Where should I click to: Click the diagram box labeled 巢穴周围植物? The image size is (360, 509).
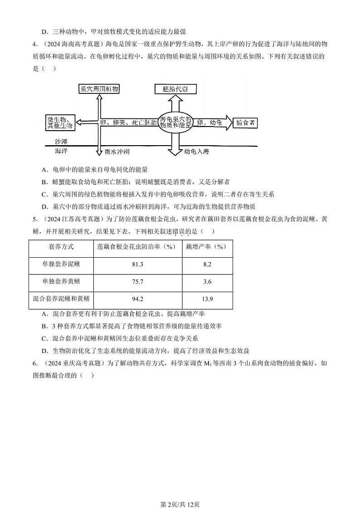[x=99, y=89]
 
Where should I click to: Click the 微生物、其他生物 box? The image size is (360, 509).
[x=60, y=122]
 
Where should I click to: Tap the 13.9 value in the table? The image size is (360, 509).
[x=207, y=299]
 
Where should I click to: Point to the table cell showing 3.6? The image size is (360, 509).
[x=207, y=282]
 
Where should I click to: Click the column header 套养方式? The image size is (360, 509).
[x=61, y=247]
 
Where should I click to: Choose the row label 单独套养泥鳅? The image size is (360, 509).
[x=61, y=264]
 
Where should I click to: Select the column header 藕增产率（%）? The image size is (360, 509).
[x=207, y=247]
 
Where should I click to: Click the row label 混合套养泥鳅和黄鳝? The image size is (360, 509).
[x=61, y=299]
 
